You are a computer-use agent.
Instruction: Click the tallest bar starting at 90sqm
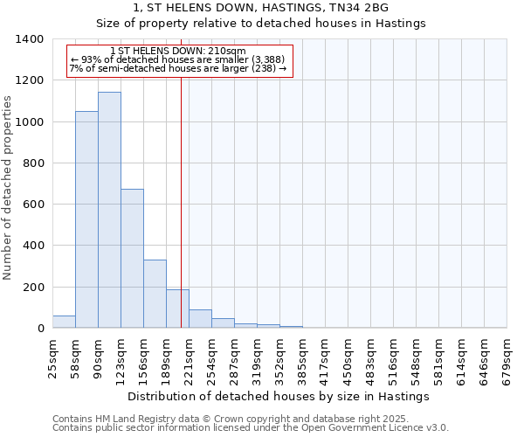pyautogui.click(x=109, y=210)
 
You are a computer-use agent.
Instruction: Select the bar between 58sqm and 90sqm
pyautogui.click(x=86, y=219)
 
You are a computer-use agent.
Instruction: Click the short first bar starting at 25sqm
pyautogui.click(x=64, y=322)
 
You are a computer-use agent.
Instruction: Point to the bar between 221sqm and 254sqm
pyautogui.click(x=200, y=319)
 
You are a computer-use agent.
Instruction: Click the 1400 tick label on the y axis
pyautogui.click(x=30, y=39)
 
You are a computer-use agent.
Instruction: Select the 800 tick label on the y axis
pyautogui.click(x=33, y=163)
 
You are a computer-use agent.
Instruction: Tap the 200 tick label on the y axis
pyautogui.click(x=33, y=288)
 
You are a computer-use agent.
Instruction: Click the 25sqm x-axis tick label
pyautogui.click(x=53, y=353)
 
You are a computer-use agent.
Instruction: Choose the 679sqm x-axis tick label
pyautogui.click(x=507, y=353)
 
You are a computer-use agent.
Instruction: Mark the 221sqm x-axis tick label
pyautogui.click(x=190, y=353)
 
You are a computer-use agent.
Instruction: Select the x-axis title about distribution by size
pyautogui.click(x=279, y=396)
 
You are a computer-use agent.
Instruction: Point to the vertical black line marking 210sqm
pyautogui.click(x=181, y=218)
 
